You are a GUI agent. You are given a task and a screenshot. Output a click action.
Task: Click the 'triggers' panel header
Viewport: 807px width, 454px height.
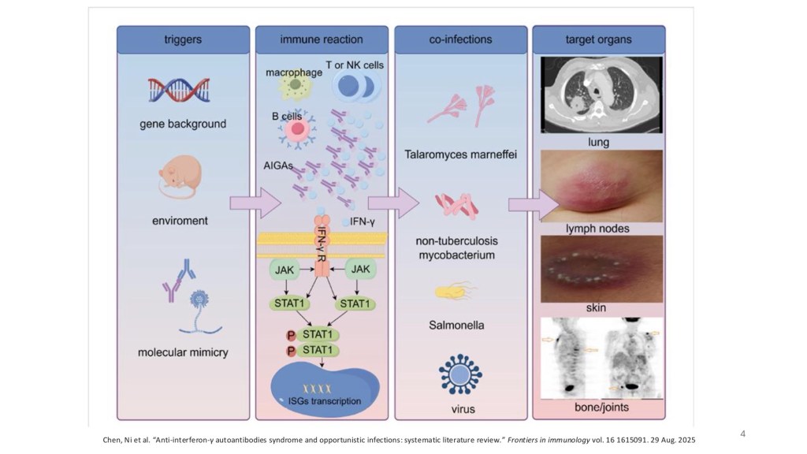tap(183, 39)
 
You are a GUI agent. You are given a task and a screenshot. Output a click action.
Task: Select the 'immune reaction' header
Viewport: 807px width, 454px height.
tap(322, 39)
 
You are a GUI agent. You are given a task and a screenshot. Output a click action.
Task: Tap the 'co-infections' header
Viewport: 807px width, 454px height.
tap(460, 39)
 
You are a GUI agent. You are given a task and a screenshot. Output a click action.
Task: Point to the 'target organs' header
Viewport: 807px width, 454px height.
tap(599, 39)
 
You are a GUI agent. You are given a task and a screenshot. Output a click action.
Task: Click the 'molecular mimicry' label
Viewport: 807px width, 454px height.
tap(183, 352)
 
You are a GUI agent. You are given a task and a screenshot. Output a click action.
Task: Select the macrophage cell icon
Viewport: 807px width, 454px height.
tap(294, 84)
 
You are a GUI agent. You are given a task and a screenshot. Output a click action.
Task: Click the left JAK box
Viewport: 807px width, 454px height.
tap(283, 270)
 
